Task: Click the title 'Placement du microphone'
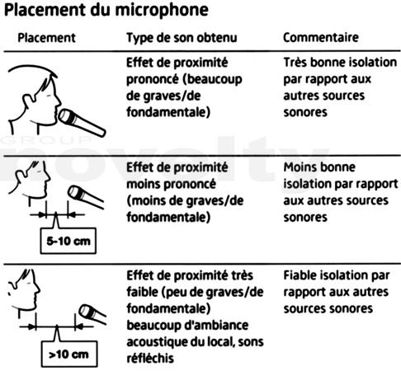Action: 106,11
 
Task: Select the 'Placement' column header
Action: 46,38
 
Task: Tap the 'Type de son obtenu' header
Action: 182,38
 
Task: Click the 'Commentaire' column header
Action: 321,37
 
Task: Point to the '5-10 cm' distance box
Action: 68,241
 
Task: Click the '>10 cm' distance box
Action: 69,354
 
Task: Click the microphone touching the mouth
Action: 82,123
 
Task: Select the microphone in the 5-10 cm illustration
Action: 86,196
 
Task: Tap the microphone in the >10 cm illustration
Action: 92,314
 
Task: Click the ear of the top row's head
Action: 28,101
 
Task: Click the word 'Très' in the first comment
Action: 295,63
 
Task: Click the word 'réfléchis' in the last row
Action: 150,359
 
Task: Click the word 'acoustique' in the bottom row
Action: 155,342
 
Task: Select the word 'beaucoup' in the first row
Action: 215,79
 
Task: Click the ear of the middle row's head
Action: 21,176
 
